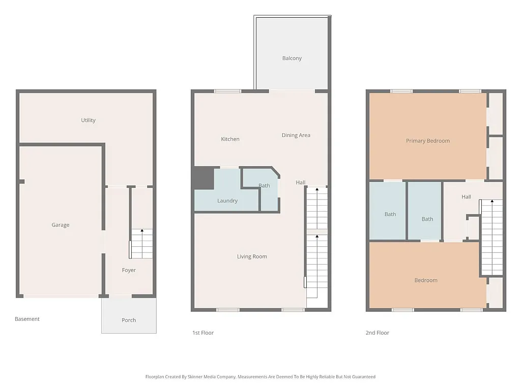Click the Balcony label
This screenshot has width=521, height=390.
pos(292,58)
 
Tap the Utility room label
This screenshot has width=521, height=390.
pos(88,120)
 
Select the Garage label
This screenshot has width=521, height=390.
pos(60,225)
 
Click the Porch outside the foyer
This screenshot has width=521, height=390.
pos(129,320)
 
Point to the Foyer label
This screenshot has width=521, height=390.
pos(129,270)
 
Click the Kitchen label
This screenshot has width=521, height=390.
pos(230,139)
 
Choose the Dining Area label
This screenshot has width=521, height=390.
pos(296,135)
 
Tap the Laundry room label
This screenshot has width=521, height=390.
pos(227,201)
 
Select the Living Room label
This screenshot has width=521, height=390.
pos(252,256)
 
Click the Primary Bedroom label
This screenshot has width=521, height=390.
pos(427,141)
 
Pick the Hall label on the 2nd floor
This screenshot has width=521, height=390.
pos(466,197)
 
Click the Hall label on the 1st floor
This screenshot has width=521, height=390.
pos(301,183)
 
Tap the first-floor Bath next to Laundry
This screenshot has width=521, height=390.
pos(264,186)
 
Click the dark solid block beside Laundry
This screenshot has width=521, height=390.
pos(204,178)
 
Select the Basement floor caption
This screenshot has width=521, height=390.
pos(27,319)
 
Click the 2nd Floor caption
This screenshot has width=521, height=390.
pos(377,333)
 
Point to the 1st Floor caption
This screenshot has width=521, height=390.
pos(202,333)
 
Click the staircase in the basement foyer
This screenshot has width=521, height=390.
pos(141,244)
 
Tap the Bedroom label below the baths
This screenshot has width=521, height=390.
pos(425,280)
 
